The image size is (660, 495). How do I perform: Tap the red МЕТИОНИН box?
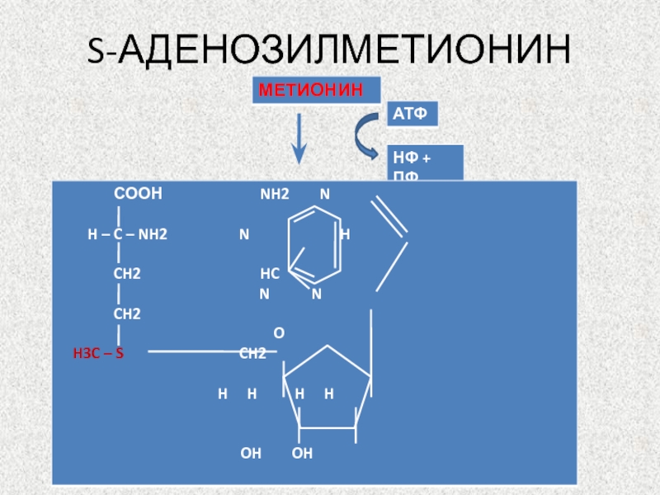click(x=317, y=90)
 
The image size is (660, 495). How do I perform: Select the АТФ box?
click(x=410, y=115)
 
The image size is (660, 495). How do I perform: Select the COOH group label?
click(x=138, y=194)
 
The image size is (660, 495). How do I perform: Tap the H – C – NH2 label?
click(x=127, y=234)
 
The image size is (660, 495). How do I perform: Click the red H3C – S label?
click(x=98, y=354)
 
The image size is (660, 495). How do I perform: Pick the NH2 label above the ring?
click(x=275, y=195)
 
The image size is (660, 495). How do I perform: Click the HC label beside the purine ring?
click(x=270, y=274)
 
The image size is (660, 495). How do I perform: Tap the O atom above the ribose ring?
click(x=279, y=333)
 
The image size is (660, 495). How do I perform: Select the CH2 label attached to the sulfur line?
click(x=252, y=354)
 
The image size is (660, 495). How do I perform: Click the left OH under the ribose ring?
click(x=251, y=453)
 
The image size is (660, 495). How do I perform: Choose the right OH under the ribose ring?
click(x=302, y=453)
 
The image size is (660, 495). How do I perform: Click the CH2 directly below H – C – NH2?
click(x=127, y=274)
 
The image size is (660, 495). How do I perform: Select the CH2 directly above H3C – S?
click(x=127, y=313)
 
